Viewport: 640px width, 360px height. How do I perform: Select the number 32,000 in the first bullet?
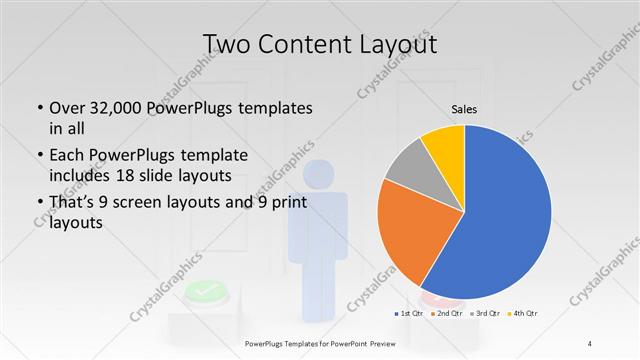(x=115, y=108)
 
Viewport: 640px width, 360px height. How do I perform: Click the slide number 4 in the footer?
(x=590, y=344)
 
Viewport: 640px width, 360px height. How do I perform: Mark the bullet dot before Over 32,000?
(x=38, y=108)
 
